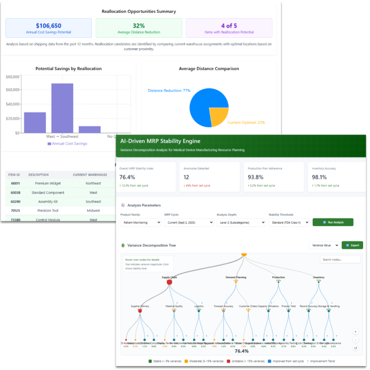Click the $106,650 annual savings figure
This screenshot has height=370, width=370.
(49, 26)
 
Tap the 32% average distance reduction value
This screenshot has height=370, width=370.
(139, 26)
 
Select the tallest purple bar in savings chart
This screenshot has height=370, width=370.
(62, 108)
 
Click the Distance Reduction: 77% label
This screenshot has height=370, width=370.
(169, 91)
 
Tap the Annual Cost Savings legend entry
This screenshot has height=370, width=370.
(67, 143)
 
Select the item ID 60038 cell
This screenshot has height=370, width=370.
(15, 192)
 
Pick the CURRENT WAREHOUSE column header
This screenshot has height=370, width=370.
(90, 175)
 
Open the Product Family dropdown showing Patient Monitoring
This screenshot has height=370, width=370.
(141, 222)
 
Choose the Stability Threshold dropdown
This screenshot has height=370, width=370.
(289, 222)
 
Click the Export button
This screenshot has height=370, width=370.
(352, 245)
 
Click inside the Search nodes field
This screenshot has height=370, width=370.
(340, 260)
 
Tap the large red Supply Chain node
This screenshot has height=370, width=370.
(169, 282)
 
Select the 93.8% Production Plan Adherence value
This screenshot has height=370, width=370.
(255, 177)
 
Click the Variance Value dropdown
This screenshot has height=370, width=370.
(324, 245)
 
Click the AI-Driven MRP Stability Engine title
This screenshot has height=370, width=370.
(160, 141)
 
